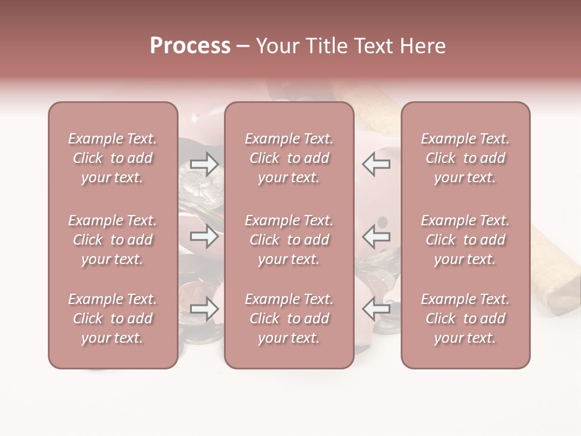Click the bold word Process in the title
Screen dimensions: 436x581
click(190, 46)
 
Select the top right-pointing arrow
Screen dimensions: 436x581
click(204, 164)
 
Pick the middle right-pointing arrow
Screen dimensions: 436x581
click(204, 236)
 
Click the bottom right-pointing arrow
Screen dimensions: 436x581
click(204, 309)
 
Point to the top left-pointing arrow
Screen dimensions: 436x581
click(376, 164)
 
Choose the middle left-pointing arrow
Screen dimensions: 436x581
click(376, 236)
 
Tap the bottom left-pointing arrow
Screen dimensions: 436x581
click(376, 309)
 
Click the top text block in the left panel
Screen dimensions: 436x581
click(113, 158)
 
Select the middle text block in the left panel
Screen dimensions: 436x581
click(113, 240)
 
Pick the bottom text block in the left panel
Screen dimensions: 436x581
click(113, 319)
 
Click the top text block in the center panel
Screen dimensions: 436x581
click(289, 158)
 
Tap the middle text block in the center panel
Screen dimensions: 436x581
click(289, 240)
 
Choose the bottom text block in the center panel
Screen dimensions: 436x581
click(289, 319)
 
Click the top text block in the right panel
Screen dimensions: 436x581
click(465, 158)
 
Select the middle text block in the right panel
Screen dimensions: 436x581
click(465, 240)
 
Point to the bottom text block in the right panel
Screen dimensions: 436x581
click(465, 319)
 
